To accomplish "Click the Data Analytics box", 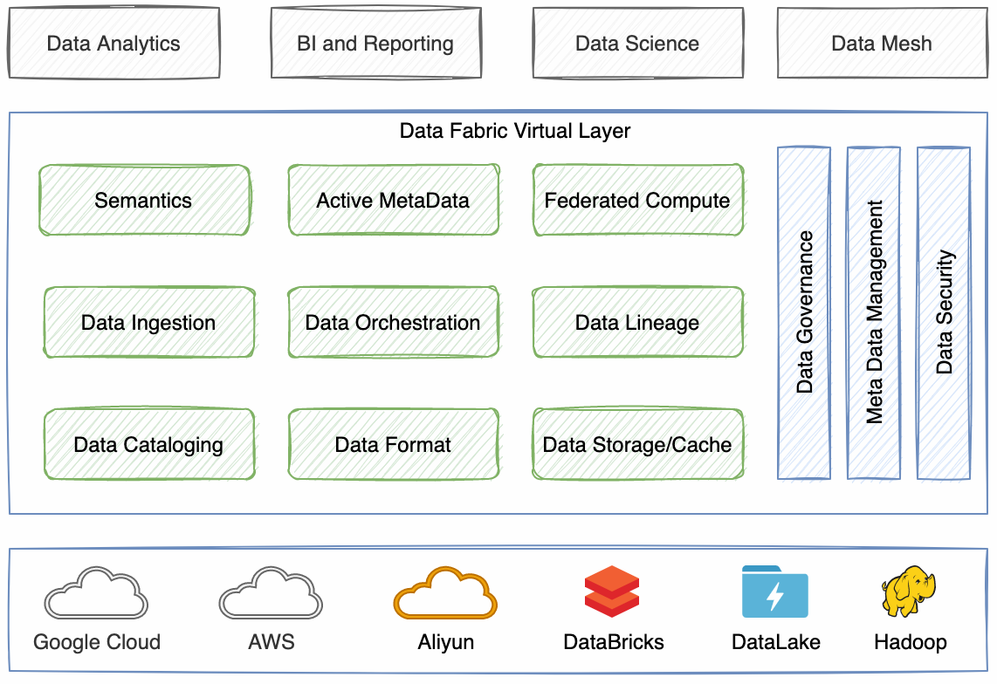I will (x=113, y=44).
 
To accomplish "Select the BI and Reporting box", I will (x=375, y=44).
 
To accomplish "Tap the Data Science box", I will (x=637, y=44).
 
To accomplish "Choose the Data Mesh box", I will (x=882, y=44).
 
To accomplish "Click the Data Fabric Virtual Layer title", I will (x=514, y=131).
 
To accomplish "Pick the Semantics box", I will (x=144, y=201).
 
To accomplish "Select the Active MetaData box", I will (x=393, y=201).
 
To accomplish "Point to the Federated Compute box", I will (x=637, y=201).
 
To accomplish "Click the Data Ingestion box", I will (x=148, y=323).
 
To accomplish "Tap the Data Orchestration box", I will (x=393, y=323).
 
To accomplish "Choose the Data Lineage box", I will (x=637, y=323).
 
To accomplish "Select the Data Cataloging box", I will (x=148, y=445).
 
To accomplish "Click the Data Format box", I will (x=393, y=445).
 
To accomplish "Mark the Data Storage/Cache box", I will (x=637, y=445).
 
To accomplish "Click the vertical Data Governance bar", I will (x=804, y=312).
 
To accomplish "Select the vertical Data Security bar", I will (x=944, y=312).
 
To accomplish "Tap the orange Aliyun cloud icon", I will (x=445, y=593).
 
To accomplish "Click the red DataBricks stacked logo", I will (x=612, y=592).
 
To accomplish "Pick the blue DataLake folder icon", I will (x=774, y=592).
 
